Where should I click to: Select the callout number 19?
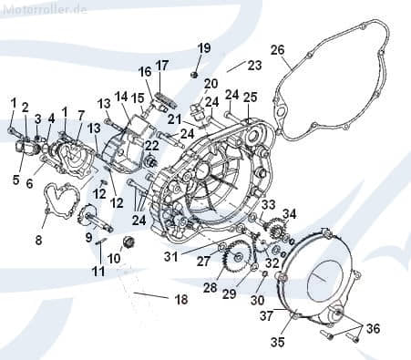203,47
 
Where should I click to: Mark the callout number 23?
253,66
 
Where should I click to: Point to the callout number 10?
114,258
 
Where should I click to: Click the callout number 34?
289,213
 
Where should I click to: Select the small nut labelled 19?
195,71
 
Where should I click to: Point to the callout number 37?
268,315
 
